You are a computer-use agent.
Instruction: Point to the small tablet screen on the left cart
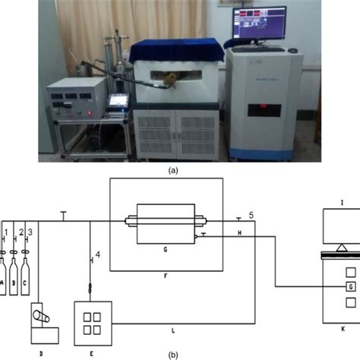[x=118, y=101]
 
